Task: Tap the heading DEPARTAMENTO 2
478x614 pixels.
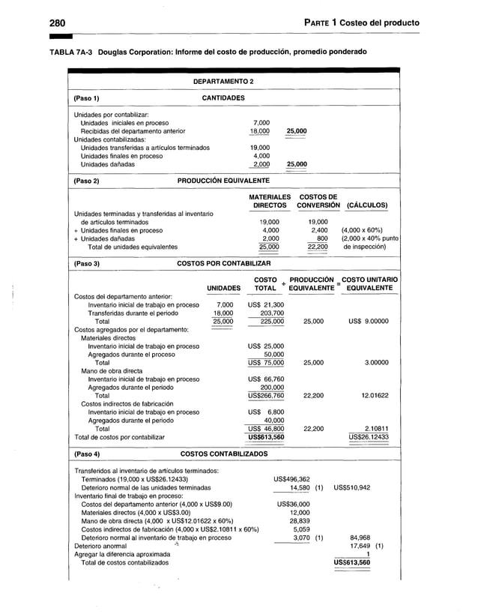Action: click(x=223, y=80)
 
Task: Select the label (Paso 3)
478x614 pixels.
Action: click(x=87, y=264)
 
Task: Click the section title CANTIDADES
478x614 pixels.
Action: click(x=223, y=97)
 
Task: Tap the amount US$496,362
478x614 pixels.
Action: click(x=292, y=479)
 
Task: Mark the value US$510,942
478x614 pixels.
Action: click(x=351, y=487)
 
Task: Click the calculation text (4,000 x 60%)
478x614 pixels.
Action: click(x=363, y=230)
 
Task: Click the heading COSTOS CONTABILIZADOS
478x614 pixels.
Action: click(x=223, y=454)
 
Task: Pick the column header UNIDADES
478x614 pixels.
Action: click(x=223, y=288)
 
